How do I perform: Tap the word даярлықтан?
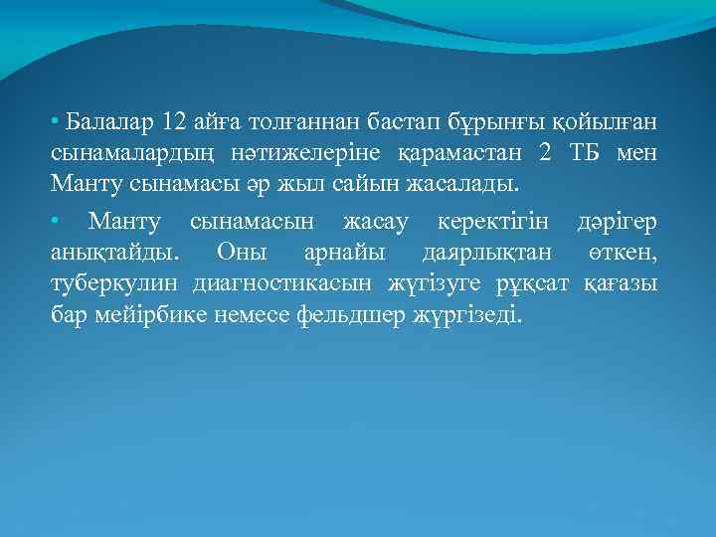(x=484, y=253)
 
